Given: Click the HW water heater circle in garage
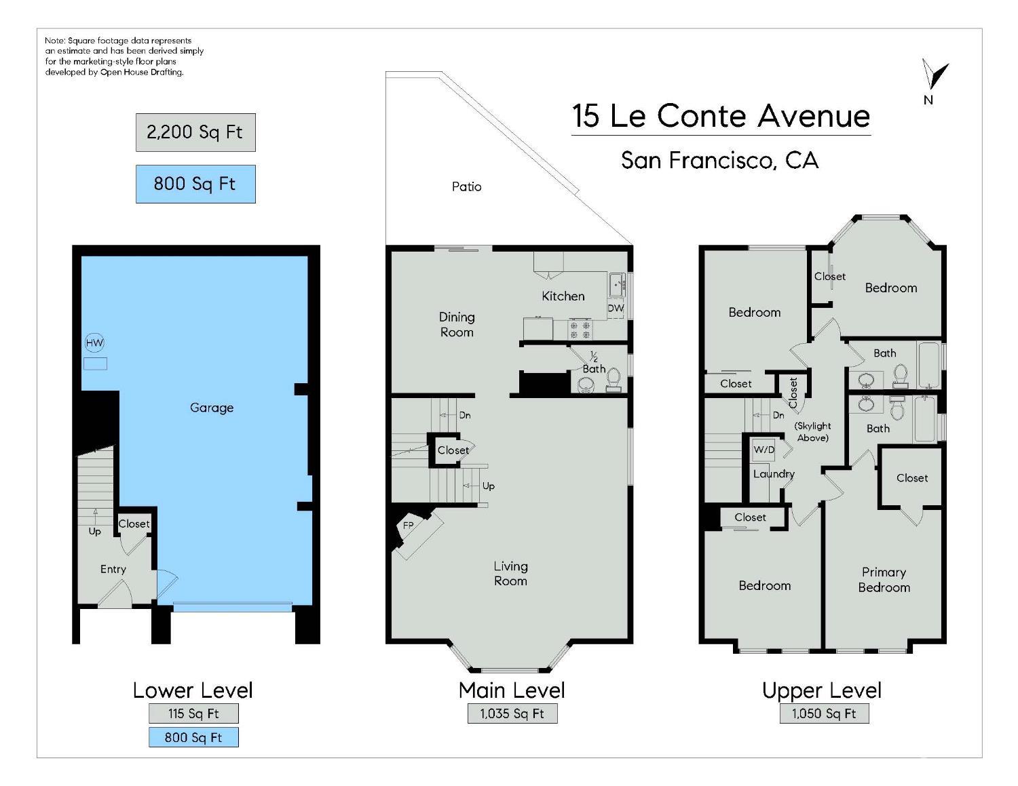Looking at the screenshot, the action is click(94, 343).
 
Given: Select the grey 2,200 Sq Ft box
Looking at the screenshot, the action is click(195, 132).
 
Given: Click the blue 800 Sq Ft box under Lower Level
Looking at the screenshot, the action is click(193, 737).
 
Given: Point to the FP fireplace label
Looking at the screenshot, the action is click(409, 526).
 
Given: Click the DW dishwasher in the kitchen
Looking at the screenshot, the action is click(616, 308).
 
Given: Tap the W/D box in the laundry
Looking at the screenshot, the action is click(764, 450).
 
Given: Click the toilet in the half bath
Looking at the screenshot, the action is click(613, 380).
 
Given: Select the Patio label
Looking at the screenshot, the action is click(467, 186).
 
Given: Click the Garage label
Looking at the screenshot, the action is click(212, 408).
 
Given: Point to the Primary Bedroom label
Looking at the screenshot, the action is click(884, 580).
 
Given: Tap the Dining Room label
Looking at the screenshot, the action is click(457, 325).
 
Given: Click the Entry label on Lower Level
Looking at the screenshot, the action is click(113, 570).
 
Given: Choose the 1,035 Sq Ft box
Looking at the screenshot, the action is click(512, 713).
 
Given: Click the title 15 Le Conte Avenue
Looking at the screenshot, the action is click(721, 116).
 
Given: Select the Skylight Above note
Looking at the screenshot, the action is click(812, 432).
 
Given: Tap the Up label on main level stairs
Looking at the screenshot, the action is click(488, 486).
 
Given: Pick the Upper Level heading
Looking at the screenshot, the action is click(822, 690).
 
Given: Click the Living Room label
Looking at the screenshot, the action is click(510, 573).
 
